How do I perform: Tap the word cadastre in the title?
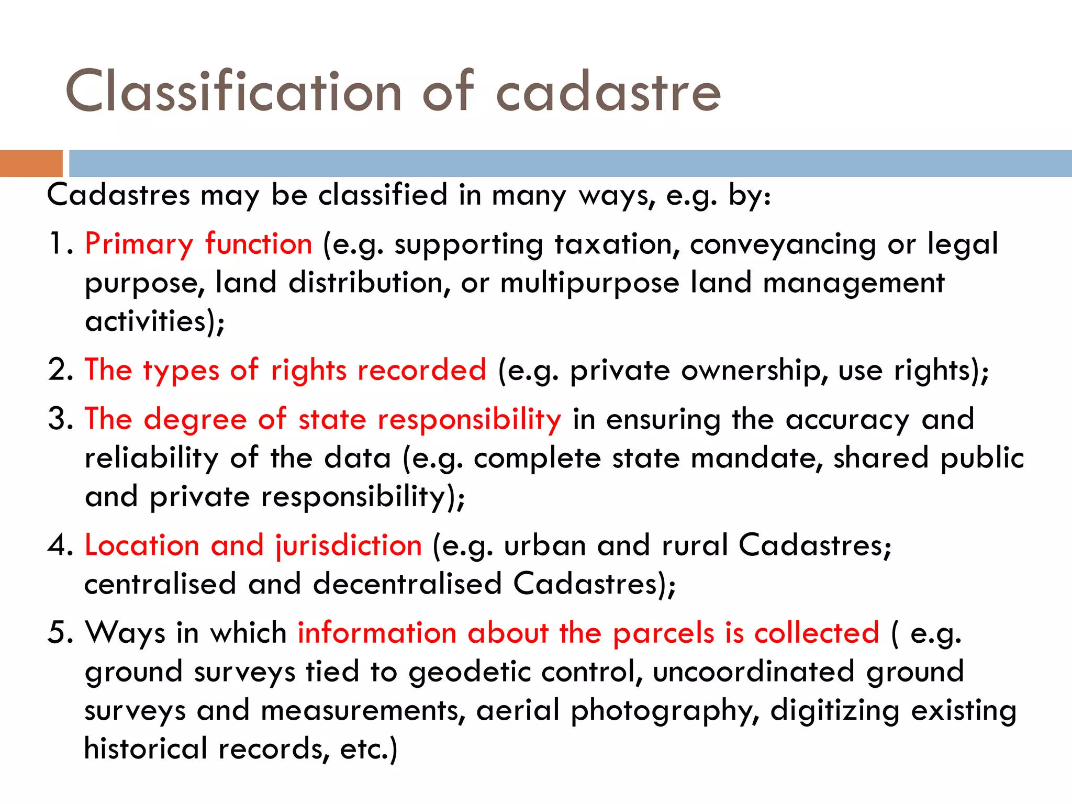coord(608,93)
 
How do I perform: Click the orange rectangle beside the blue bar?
coord(31,163)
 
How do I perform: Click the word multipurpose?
coord(589,284)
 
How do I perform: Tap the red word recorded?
coord(421,370)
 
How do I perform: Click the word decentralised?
coord(407,584)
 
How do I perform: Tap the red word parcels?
coord(663,633)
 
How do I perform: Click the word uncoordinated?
coord(753,672)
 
